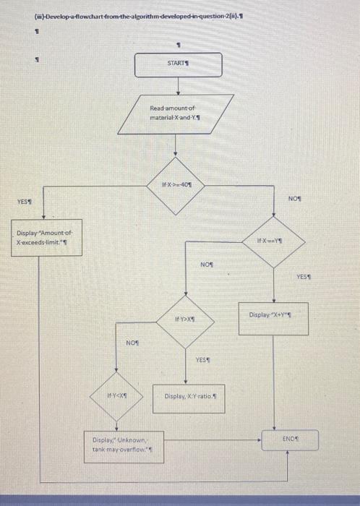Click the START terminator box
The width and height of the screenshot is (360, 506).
pyautogui.click(x=176, y=64)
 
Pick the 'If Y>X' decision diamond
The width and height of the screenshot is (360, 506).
pyautogui.click(x=185, y=319)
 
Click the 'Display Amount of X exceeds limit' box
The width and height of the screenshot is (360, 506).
pyautogui.click(x=46, y=238)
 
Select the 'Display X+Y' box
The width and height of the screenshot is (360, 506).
pyautogui.click(x=274, y=315)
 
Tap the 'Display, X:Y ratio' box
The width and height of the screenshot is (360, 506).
pyautogui.click(x=191, y=397)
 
